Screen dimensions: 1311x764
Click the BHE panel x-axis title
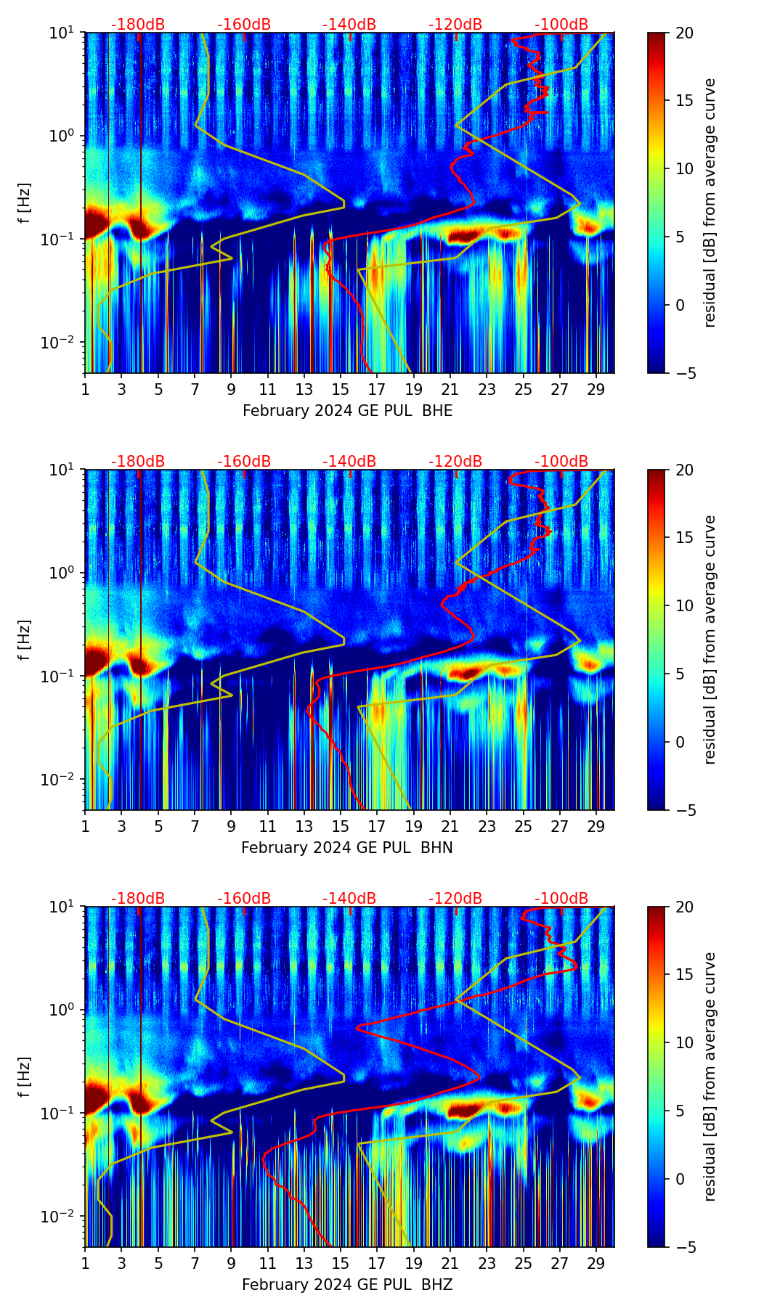tap(347, 411)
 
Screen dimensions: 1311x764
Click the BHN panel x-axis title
tap(347, 848)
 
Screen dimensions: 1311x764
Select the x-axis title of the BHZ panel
tap(347, 1285)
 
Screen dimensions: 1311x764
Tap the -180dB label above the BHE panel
tap(138, 25)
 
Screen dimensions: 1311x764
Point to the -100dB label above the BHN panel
tap(561, 462)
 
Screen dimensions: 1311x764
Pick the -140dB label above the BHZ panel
tap(349, 899)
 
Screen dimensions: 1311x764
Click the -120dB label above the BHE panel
tap(455, 25)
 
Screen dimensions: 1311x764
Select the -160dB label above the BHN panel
tap(244, 462)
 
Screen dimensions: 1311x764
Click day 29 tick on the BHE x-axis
tap(596, 389)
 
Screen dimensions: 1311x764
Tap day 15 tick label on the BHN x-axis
tap(341, 826)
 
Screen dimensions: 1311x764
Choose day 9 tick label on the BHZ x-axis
tap(232, 1263)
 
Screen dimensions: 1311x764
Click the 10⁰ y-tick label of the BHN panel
tap(65, 573)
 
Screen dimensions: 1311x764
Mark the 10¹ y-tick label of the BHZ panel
tap(65, 907)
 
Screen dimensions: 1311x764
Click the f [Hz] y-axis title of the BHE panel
tap(25, 203)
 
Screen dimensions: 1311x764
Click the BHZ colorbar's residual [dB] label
tap(710, 1077)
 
